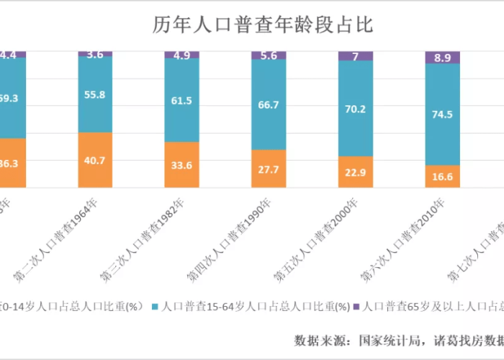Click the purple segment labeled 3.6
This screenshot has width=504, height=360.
[95, 54]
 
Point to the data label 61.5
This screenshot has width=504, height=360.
[181, 101]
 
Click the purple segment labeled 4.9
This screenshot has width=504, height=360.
[181, 55]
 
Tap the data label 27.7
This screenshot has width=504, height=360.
[269, 168]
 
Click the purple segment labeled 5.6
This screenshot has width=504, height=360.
[269, 55]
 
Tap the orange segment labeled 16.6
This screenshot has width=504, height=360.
[442, 176]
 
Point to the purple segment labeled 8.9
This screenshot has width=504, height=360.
[442, 58]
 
